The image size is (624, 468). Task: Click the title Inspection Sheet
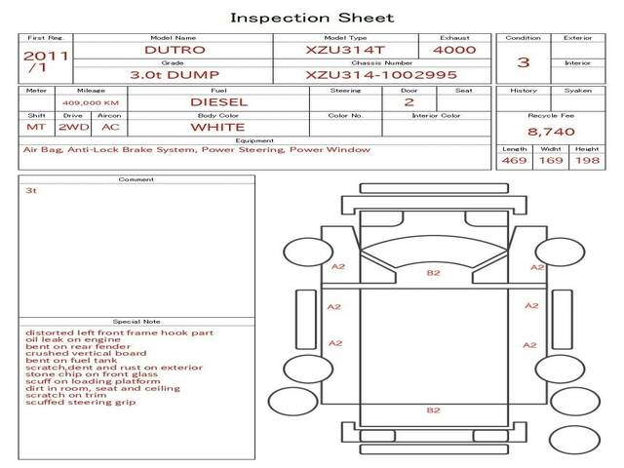[x=312, y=18]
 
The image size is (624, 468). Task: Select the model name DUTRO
[x=175, y=50]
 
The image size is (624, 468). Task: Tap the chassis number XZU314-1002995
[x=381, y=75]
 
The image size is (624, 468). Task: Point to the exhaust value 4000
[x=454, y=50]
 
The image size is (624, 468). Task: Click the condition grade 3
[x=523, y=62]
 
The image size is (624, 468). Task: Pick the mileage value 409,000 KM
[x=91, y=103]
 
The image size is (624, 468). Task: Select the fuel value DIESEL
[x=218, y=102]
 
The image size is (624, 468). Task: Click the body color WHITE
[x=217, y=128]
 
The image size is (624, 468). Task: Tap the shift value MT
[x=36, y=127]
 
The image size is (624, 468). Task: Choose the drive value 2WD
[x=74, y=127]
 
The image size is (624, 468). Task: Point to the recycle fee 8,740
[x=551, y=132]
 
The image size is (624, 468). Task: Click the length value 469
[x=514, y=160]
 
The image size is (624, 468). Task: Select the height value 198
[x=587, y=160]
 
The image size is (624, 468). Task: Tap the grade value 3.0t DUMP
[x=175, y=75]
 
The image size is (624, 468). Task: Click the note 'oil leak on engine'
[x=73, y=339]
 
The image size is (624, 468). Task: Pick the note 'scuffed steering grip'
[x=80, y=402]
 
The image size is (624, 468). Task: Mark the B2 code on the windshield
[x=433, y=273]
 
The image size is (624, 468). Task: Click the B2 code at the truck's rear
[x=433, y=410]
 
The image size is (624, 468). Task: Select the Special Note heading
[x=136, y=322]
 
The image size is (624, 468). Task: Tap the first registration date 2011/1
[x=46, y=61]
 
